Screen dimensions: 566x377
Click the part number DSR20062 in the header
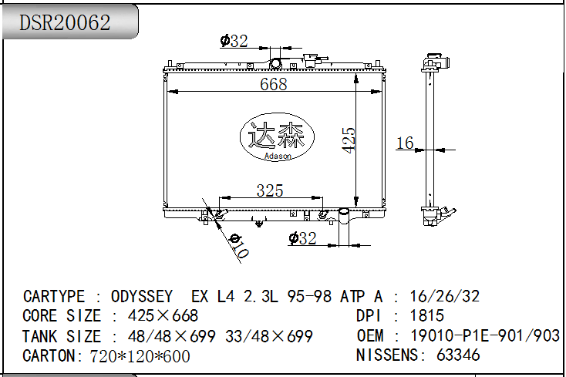[x=65, y=22]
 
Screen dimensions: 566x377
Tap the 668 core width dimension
[x=274, y=84]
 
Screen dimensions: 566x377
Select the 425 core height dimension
[x=349, y=140]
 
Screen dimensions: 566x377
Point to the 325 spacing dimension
[x=270, y=190]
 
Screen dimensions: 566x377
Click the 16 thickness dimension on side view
[x=405, y=143]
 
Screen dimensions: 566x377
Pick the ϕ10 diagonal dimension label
[x=239, y=246]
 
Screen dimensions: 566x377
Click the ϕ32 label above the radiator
[x=234, y=41]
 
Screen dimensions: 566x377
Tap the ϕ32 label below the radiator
[x=302, y=238]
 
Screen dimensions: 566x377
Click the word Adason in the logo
[x=278, y=156]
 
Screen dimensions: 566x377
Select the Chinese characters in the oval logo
[x=277, y=135]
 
